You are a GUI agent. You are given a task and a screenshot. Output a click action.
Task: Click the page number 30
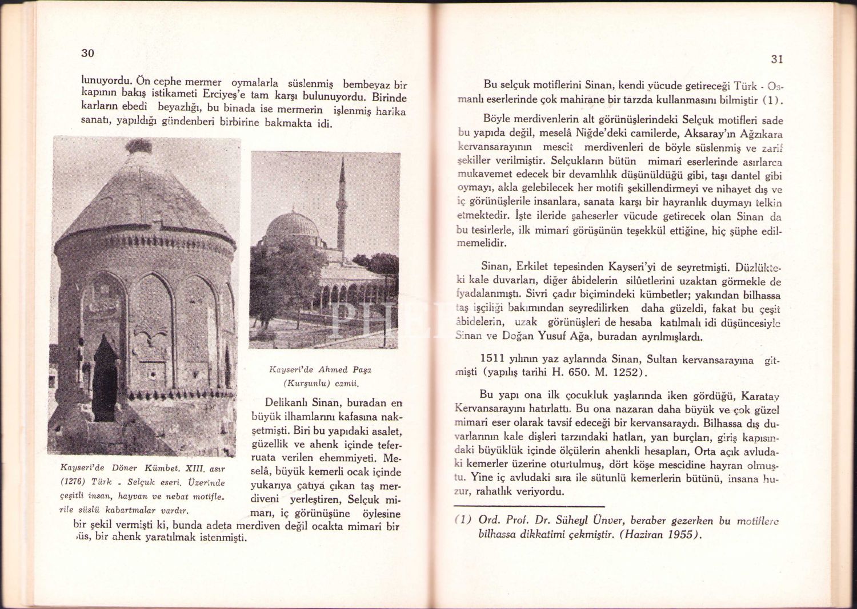[87, 53]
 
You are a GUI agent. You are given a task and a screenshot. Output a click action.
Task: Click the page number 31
[776, 59]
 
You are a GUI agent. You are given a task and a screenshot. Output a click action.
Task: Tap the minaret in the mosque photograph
[342, 205]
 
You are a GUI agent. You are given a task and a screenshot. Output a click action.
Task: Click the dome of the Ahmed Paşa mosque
[293, 225]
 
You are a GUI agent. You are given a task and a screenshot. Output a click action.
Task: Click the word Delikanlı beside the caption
[288, 403]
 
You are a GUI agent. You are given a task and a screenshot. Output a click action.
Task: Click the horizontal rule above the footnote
[529, 506]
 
